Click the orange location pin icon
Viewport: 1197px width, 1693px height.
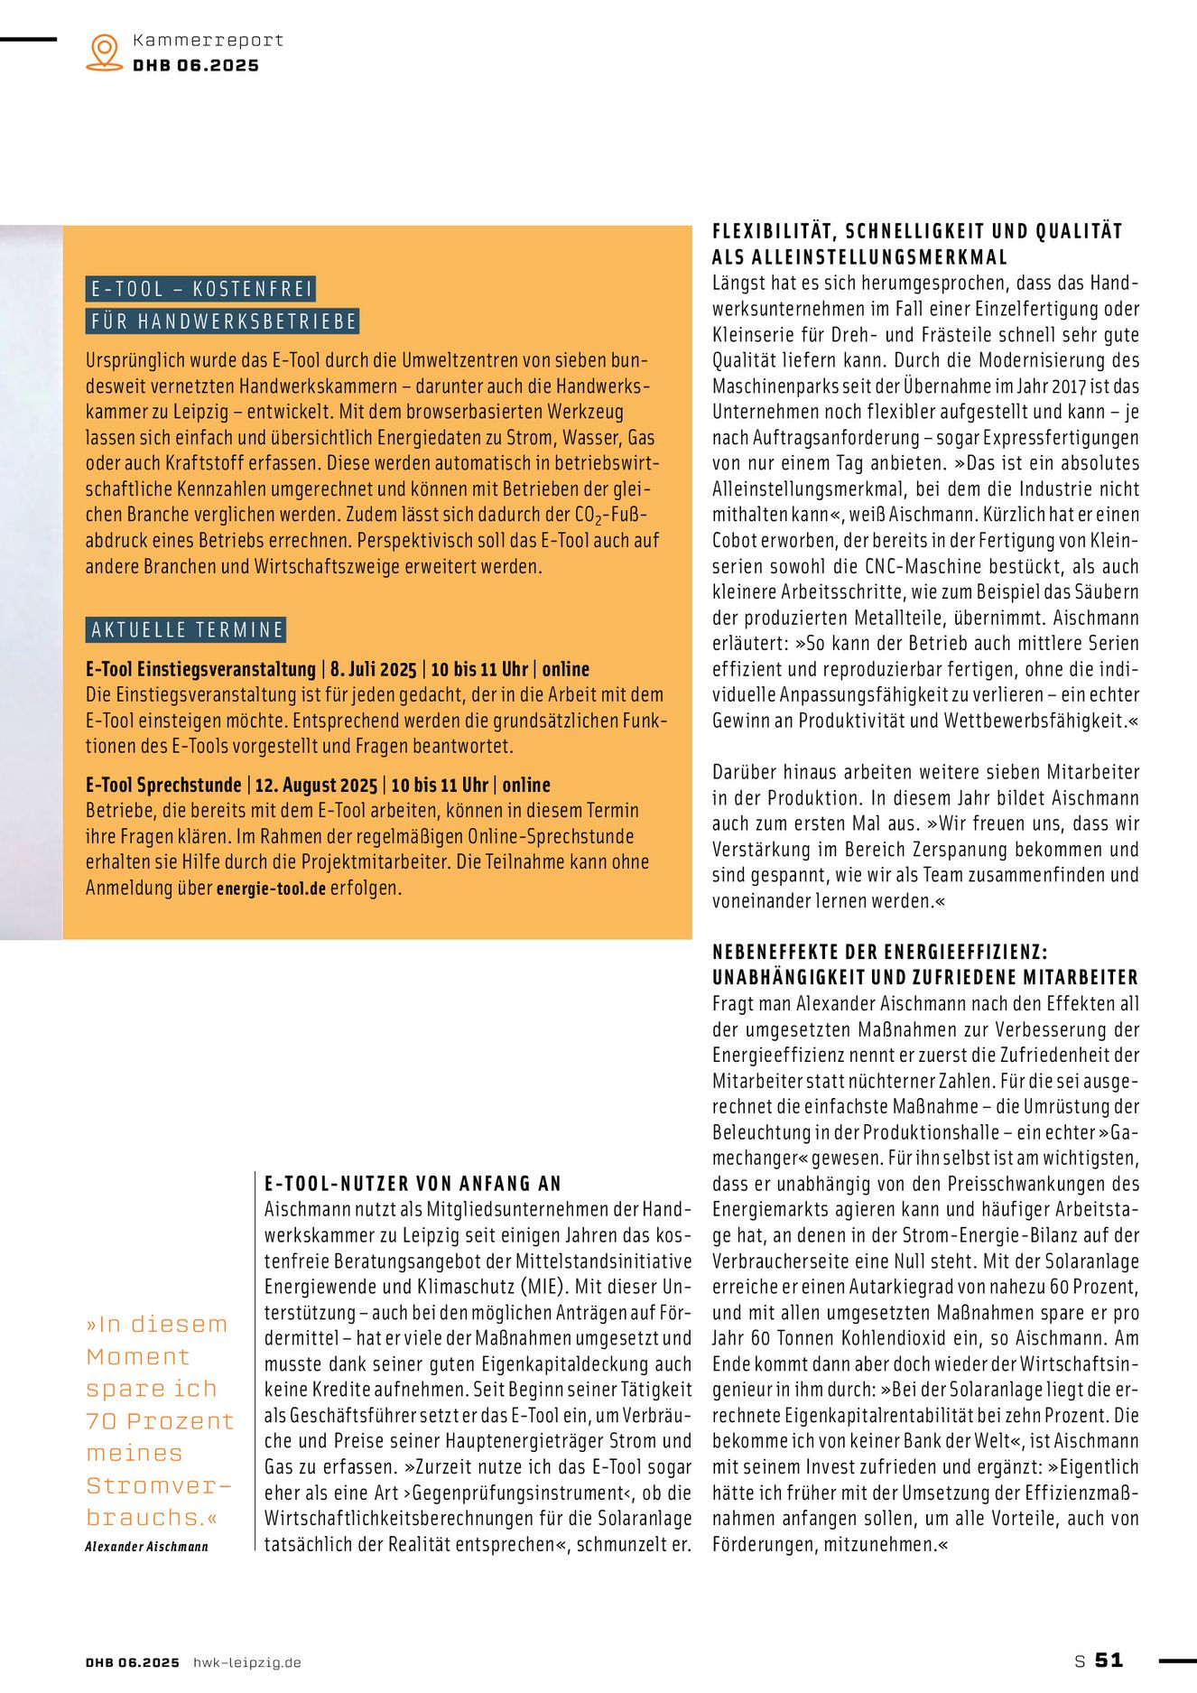click(x=105, y=51)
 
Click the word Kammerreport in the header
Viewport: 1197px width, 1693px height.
click(x=208, y=40)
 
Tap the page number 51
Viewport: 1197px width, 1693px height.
click(x=1109, y=1660)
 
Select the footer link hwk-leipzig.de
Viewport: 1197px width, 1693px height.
click(x=246, y=1662)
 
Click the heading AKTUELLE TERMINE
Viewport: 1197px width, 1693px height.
click(x=187, y=629)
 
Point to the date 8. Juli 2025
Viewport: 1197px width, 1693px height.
click(x=373, y=669)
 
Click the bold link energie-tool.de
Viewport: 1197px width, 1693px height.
click(x=271, y=888)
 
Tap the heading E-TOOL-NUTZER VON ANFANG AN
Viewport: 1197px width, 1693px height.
click(x=413, y=1183)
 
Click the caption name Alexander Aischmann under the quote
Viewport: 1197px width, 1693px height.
click(x=146, y=1547)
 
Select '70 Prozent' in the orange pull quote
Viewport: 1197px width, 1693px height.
click(x=160, y=1421)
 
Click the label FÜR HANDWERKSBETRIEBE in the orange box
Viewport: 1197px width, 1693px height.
click(x=224, y=321)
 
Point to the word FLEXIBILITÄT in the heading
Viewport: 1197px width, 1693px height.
click(x=774, y=231)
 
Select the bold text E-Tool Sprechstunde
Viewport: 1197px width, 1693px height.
click(x=163, y=785)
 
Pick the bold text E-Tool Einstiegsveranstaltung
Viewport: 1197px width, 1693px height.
click(x=200, y=669)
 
